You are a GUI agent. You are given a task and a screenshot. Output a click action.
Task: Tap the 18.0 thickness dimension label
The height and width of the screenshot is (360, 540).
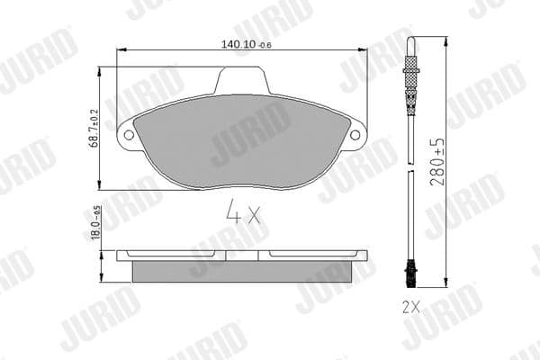tap(97, 222)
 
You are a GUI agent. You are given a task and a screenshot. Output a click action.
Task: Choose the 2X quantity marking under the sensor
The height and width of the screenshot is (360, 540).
tap(411, 306)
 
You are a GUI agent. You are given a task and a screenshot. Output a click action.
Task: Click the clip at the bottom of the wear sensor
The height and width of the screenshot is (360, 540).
tap(410, 266)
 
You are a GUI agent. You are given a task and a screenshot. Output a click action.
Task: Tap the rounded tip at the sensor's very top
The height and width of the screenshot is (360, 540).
tap(410, 40)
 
